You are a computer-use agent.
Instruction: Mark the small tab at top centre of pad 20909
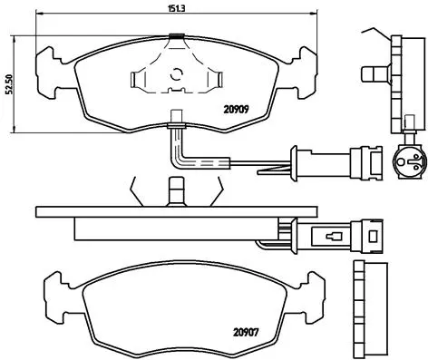[176, 36]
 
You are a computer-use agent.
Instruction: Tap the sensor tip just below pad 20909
[179, 116]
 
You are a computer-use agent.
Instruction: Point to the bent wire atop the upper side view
[373, 32]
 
